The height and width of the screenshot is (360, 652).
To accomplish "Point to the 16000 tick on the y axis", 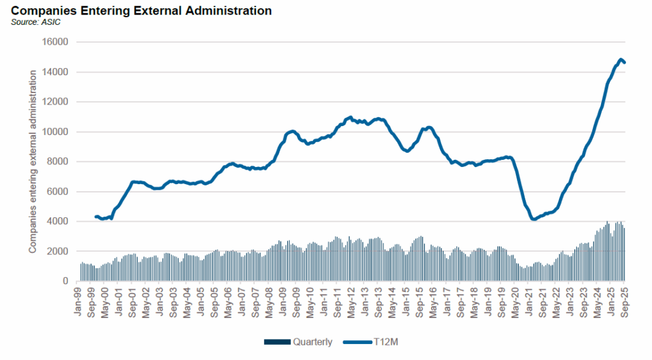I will pyautogui.click(x=56, y=42).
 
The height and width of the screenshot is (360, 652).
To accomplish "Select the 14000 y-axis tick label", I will pyautogui.click(x=56, y=72).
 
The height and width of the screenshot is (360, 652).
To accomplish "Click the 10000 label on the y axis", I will pyautogui.click(x=56, y=132).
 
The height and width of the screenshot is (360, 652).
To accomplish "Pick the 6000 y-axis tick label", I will pyautogui.click(x=59, y=192).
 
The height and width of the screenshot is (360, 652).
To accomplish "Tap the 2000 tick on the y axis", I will pyautogui.click(x=59, y=252).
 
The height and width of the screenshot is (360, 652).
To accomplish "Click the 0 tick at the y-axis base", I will pyautogui.click(x=66, y=281).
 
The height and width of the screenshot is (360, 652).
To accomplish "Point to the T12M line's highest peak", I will pyautogui.click(x=620, y=60).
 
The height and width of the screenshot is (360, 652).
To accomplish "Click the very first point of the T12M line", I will pyautogui.click(x=96, y=217).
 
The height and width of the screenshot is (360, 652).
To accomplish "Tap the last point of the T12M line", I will pyautogui.click(x=625, y=62).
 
